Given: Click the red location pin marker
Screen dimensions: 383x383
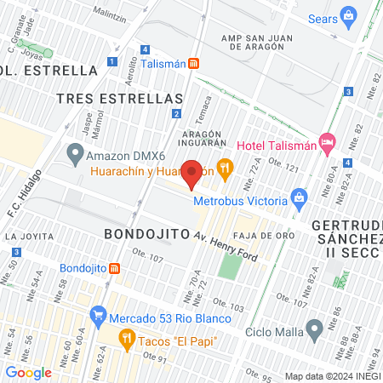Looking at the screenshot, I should pyautogui.click(x=191, y=174).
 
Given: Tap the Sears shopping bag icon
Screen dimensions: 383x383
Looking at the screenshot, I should pyautogui.click(x=347, y=15).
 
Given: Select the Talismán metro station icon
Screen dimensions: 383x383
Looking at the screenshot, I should pyautogui.click(x=194, y=62).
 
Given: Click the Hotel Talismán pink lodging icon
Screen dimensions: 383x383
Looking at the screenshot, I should pyautogui.click(x=326, y=140).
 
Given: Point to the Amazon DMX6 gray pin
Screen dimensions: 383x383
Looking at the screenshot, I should pyautogui.click(x=75, y=156).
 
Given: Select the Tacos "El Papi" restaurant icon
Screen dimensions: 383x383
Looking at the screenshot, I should pyautogui.click(x=127, y=341).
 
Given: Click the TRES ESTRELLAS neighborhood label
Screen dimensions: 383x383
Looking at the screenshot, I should pyautogui.click(x=120, y=98).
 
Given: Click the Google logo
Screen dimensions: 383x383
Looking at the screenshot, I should pyautogui.click(x=29, y=372).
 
